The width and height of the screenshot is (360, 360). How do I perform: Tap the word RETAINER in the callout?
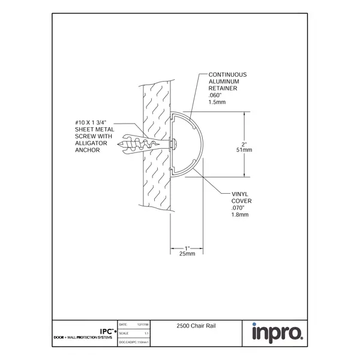click(222, 88)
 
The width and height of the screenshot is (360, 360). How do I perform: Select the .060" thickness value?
click(215, 95)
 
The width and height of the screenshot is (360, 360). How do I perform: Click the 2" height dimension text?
click(244, 144)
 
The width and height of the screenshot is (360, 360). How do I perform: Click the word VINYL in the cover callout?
click(239, 194)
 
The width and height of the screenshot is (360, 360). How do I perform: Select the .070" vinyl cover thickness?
click(238, 208)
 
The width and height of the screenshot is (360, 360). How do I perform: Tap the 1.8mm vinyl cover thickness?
click(239, 214)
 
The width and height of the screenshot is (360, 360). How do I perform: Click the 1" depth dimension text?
click(187, 248)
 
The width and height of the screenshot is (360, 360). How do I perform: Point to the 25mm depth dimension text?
click(187, 254)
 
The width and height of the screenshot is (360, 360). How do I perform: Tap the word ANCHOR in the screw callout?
click(87, 150)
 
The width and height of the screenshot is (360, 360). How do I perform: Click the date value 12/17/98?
click(143, 323)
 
